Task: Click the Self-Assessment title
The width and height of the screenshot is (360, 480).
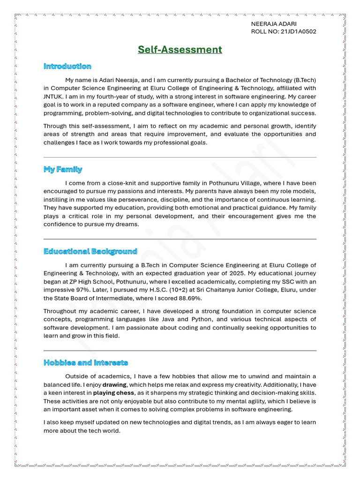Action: click(180, 49)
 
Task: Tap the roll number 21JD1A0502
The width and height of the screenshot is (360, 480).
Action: click(299, 32)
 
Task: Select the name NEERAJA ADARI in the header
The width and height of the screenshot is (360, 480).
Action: click(274, 24)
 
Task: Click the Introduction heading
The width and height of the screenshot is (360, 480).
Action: click(67, 66)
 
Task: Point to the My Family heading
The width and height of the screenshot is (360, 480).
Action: click(63, 169)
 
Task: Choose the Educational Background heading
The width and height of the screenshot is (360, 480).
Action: click(90, 251)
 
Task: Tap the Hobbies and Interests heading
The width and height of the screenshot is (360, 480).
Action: click(86, 362)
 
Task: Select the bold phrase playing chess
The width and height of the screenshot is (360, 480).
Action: click(113, 393)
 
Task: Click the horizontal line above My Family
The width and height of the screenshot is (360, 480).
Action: click(180, 157)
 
